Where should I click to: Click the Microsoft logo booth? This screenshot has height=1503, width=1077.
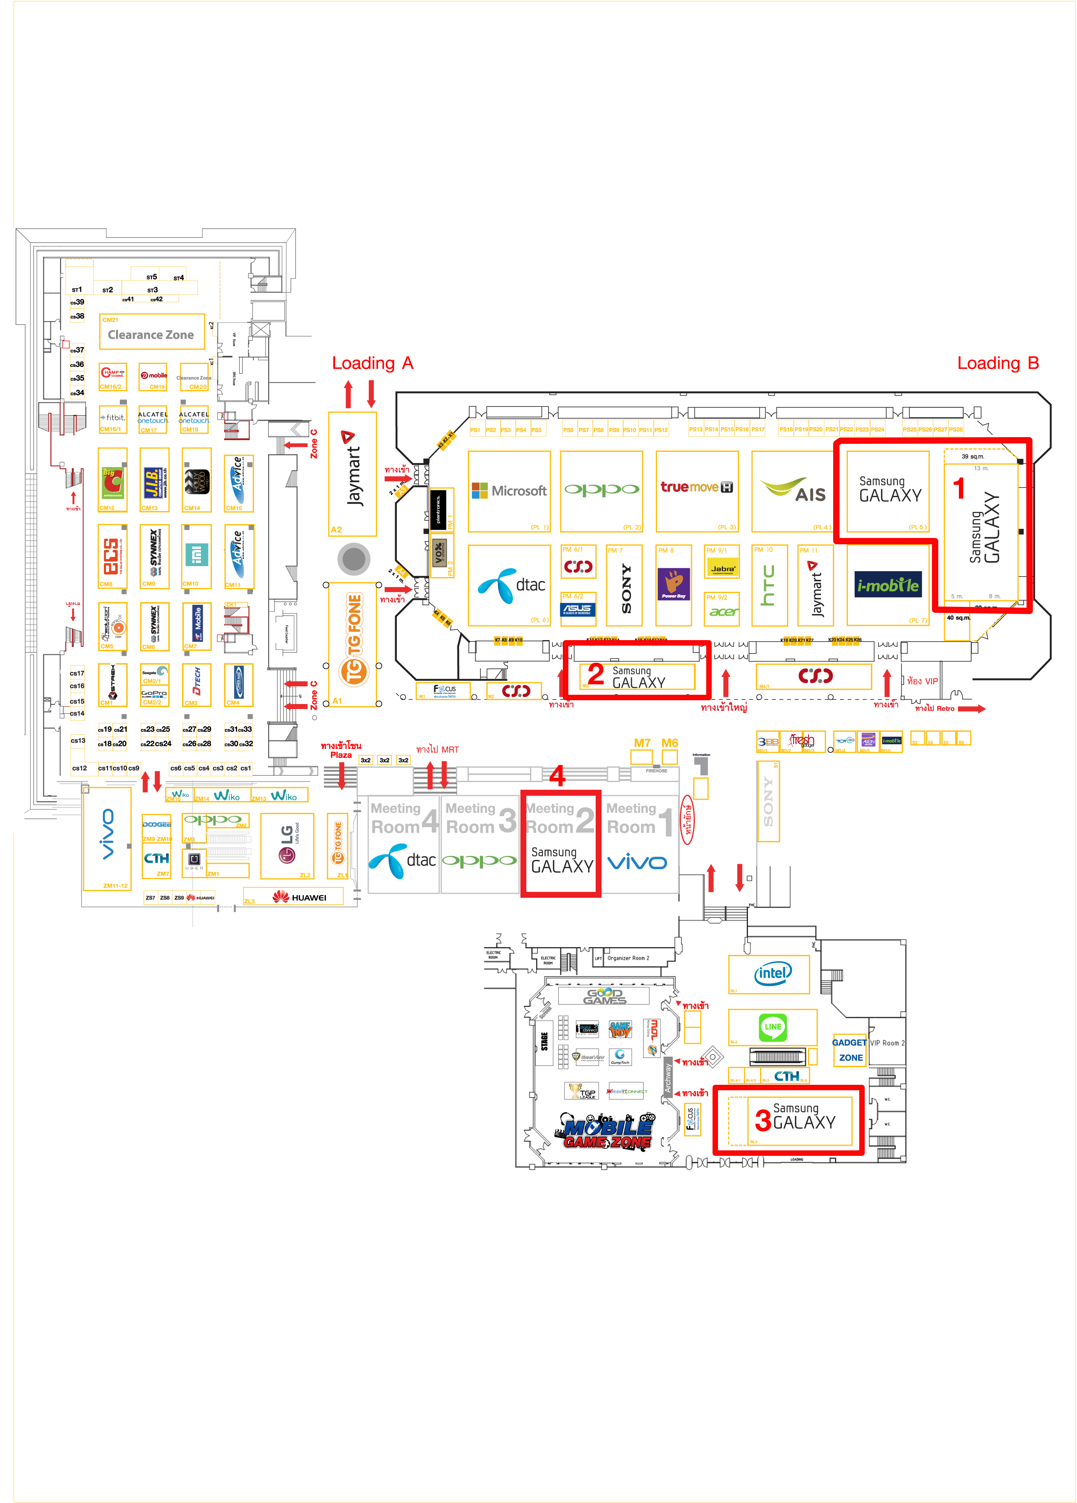508,490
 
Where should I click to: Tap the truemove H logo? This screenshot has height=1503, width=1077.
696,487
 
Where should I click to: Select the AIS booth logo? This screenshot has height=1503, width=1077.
793,490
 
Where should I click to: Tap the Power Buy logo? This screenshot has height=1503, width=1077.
673,584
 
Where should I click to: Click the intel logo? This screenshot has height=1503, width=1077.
772,973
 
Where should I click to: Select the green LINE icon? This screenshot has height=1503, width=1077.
773,1027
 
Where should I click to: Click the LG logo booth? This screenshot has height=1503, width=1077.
286,844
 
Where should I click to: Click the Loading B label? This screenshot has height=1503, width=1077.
998,363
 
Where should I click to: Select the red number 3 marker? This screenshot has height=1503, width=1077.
763,1121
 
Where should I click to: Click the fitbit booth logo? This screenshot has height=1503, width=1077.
113,417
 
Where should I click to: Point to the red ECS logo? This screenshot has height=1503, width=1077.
111,556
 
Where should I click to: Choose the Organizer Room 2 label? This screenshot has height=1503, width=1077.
628,958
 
